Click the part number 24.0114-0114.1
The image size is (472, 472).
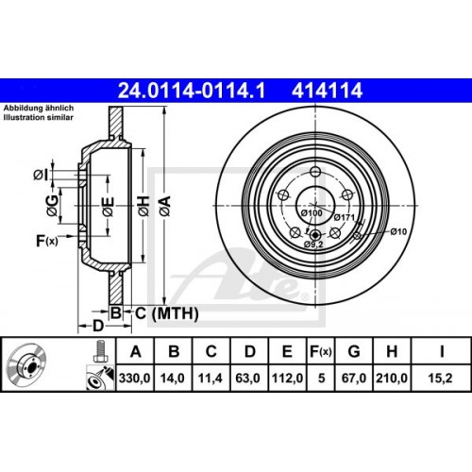click(192, 91)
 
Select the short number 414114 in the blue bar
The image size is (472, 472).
click(327, 91)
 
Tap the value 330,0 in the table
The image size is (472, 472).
click(135, 378)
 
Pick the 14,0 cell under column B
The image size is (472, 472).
click(173, 378)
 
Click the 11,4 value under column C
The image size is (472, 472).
click(211, 378)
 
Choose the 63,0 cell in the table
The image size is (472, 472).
click(248, 378)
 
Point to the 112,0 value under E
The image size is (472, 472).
click(288, 378)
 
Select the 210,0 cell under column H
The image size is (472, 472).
click(392, 378)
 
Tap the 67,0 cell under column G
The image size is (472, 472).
click(354, 378)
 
